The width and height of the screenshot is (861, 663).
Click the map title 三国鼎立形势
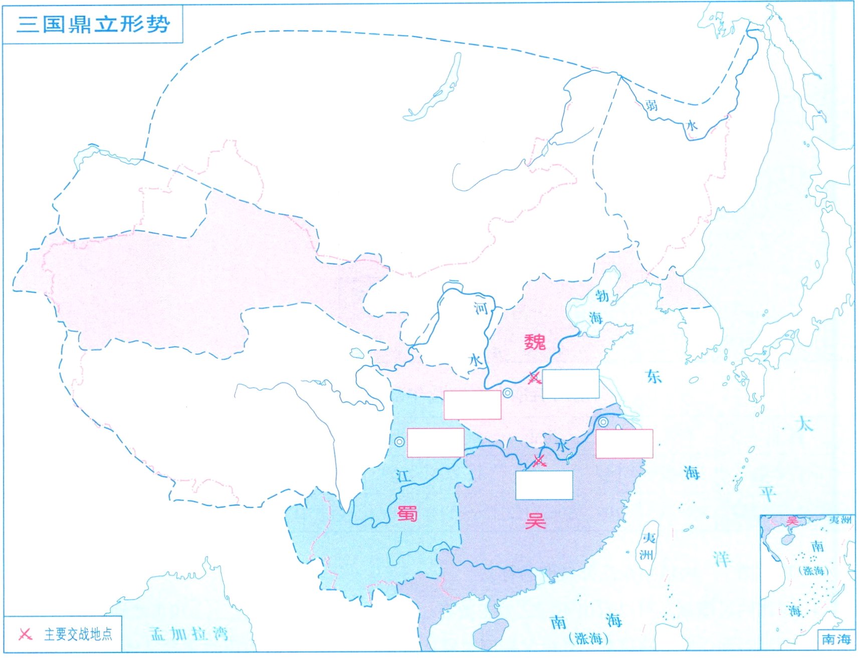point(93,24)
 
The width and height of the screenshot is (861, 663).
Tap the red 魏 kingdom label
point(535,342)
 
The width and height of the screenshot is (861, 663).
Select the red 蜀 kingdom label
point(407,513)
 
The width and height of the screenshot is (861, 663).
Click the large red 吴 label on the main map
point(535,521)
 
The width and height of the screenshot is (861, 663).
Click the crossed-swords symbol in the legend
point(25,634)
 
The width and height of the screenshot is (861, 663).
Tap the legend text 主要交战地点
point(78,634)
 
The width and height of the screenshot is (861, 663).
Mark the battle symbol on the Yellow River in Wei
point(534,378)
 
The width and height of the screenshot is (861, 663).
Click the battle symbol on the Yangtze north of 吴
point(539,461)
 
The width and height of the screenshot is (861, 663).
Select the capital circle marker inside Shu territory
point(399,442)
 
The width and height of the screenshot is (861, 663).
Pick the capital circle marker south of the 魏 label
point(508,393)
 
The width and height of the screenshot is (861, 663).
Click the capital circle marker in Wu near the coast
point(603,422)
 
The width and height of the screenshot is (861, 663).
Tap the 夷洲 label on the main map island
point(648,546)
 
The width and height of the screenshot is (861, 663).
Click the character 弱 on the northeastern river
point(651,105)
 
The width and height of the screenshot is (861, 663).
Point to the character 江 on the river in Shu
point(403,476)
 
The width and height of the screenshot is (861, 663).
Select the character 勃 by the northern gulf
point(602,296)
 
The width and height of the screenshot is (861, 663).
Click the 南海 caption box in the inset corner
point(836,639)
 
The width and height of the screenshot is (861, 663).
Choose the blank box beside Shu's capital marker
point(436,443)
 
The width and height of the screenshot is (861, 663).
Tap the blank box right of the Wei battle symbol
point(571,384)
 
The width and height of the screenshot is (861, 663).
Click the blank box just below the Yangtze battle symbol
point(544,485)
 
